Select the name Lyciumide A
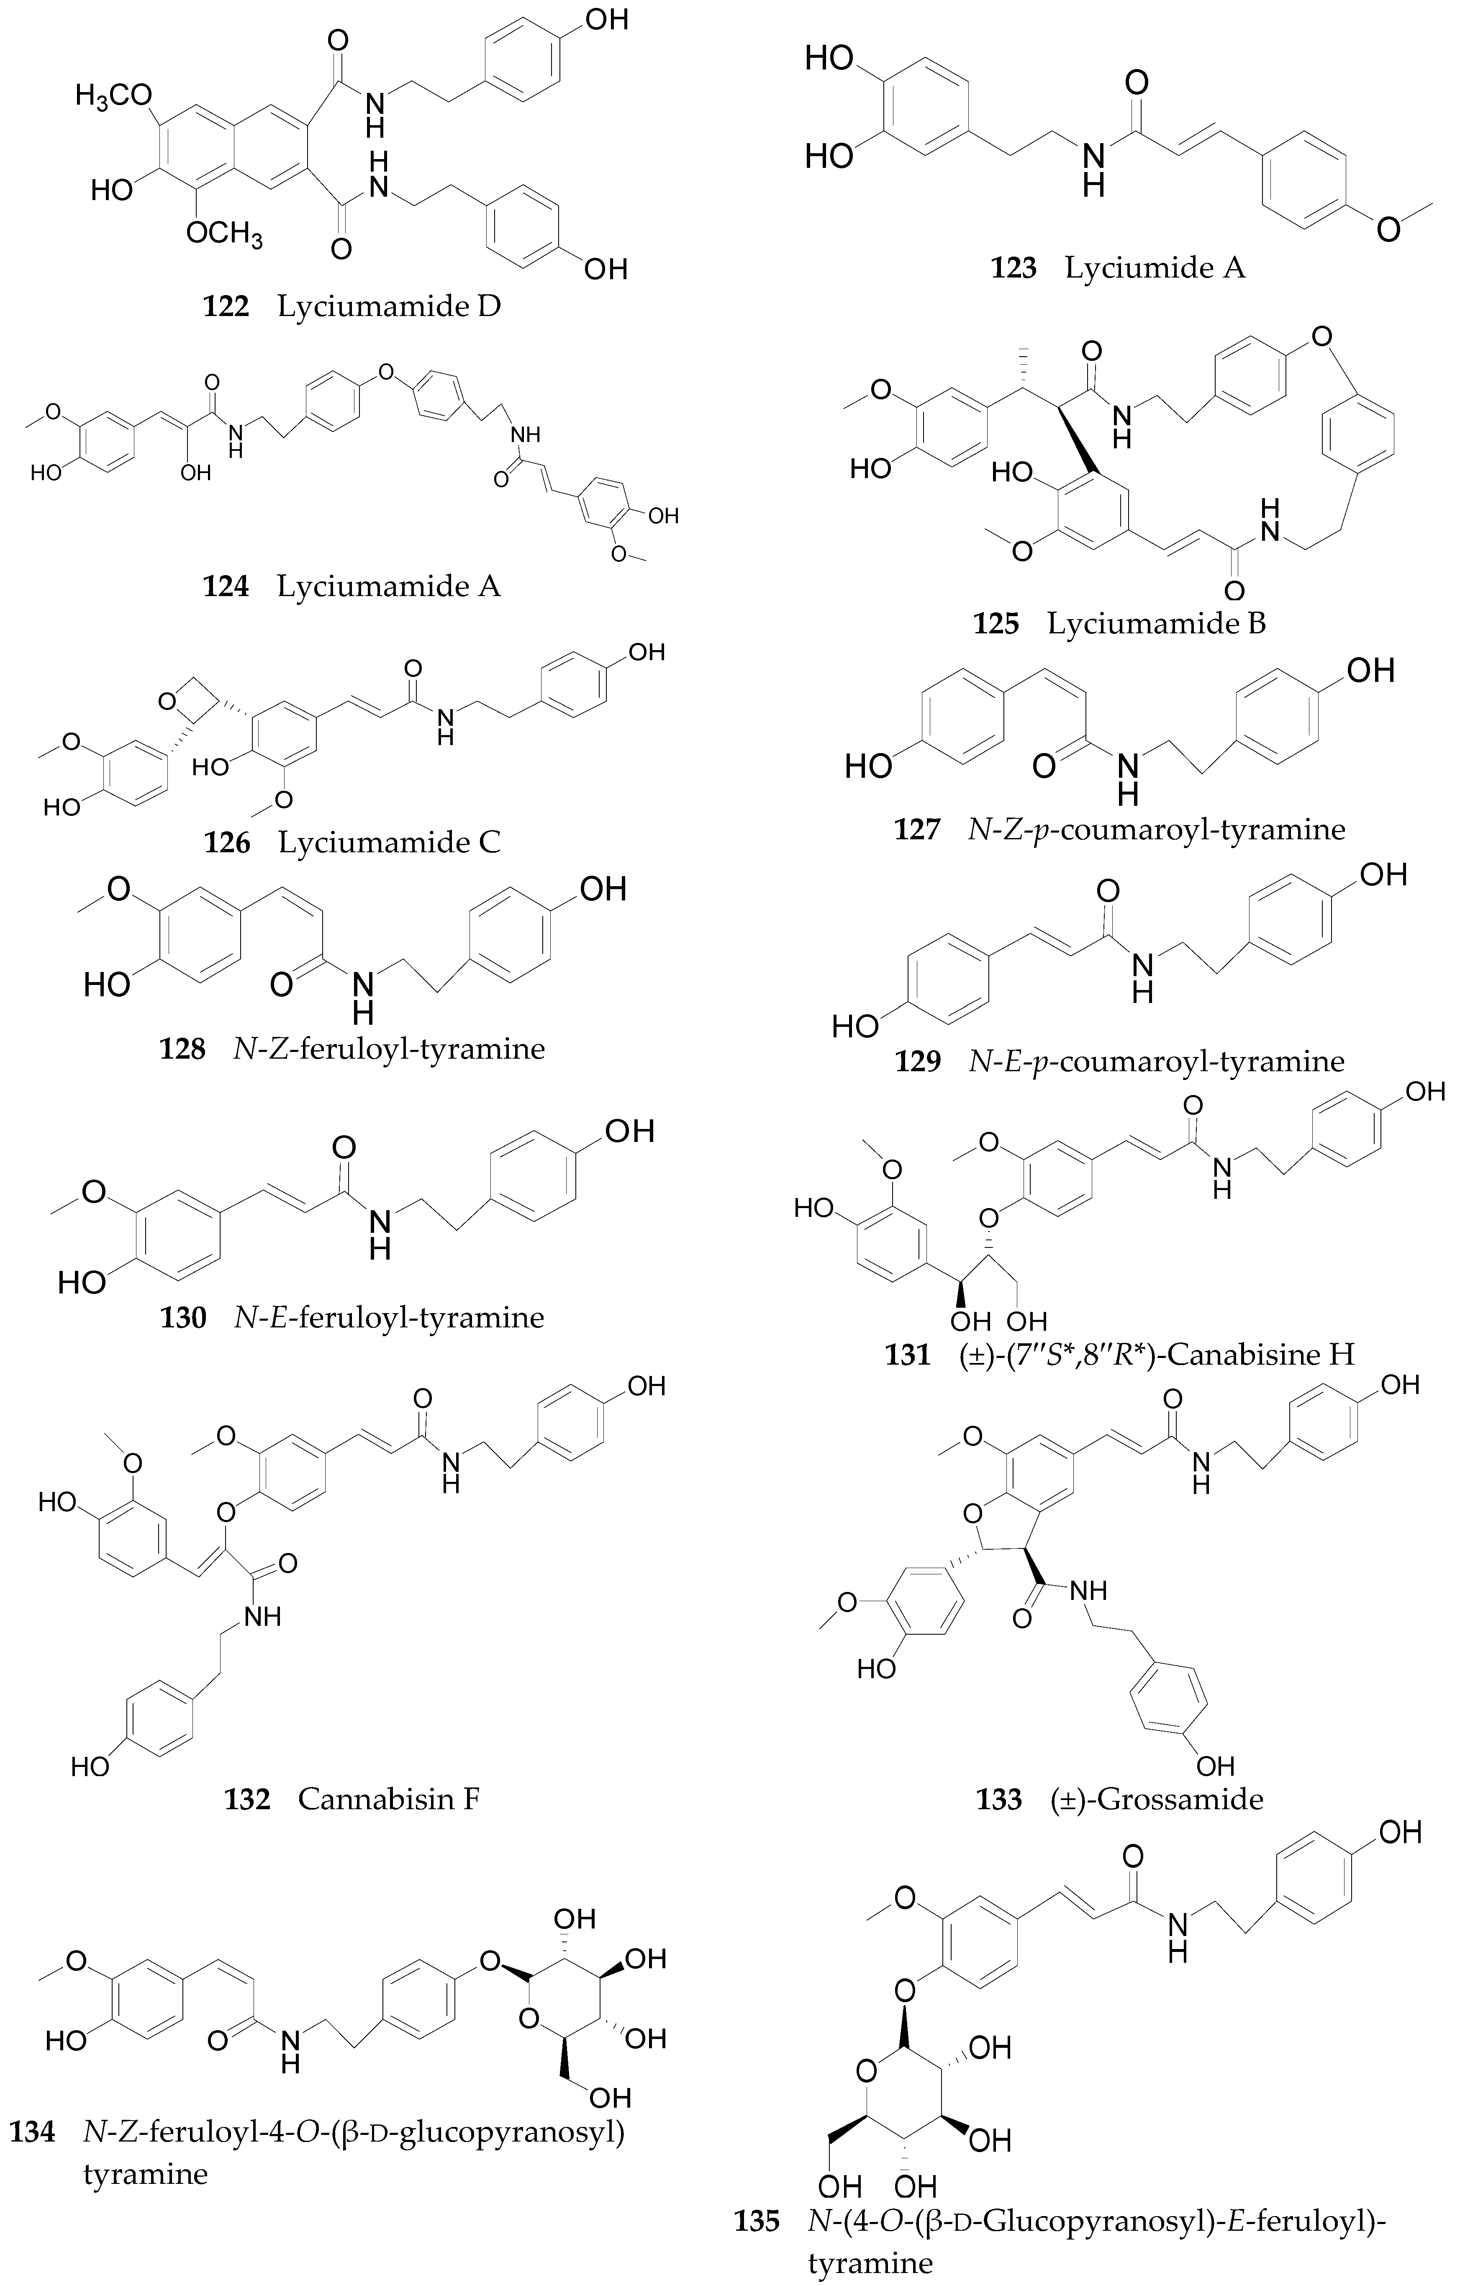coord(1155,269)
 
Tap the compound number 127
coord(917,830)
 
